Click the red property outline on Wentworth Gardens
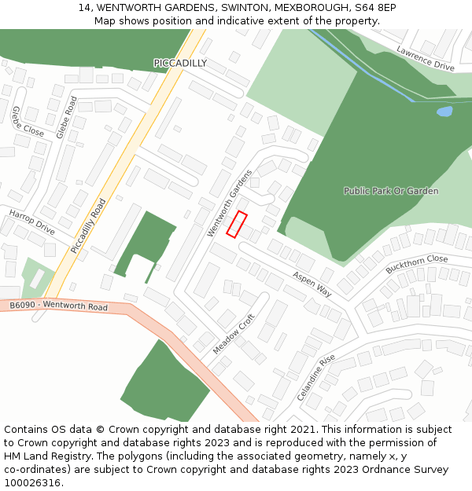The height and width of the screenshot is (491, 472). point(237,224)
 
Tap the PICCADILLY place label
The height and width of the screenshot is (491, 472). point(180,63)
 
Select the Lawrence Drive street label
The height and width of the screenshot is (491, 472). point(426,59)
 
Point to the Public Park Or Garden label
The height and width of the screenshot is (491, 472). point(391,191)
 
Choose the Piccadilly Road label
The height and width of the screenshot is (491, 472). point(87,225)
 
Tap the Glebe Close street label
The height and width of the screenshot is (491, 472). point(28,122)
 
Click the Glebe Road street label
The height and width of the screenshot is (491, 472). point(67,118)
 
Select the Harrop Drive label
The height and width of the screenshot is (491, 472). point(32,222)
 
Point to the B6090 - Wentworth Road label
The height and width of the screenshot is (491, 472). point(58,306)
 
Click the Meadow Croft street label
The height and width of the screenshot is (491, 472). point(234,334)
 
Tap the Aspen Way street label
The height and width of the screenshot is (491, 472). point(312,284)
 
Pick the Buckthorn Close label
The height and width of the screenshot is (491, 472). point(416,264)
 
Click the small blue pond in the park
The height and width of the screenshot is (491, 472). point(444,112)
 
